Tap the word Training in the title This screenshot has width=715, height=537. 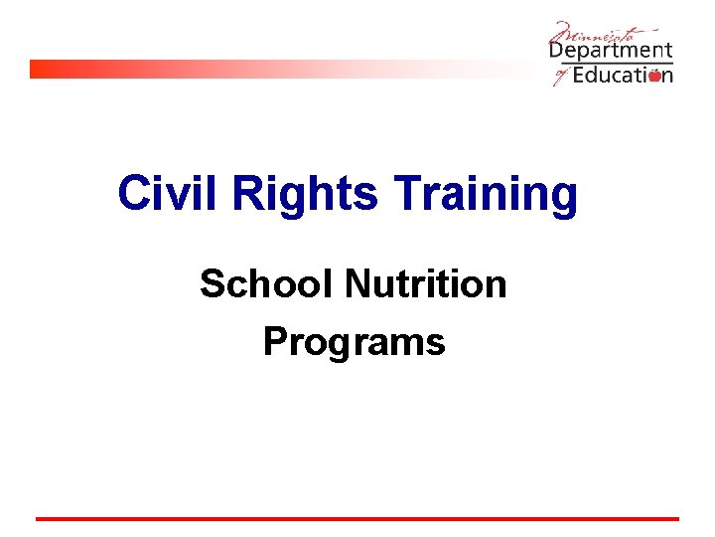pos(486,195)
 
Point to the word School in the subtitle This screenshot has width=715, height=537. pos(267,284)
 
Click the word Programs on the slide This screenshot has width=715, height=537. pos(354,343)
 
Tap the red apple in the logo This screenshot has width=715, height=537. pos(654,76)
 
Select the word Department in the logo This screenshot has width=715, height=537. pos(611,51)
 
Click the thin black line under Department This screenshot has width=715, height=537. pos(611,63)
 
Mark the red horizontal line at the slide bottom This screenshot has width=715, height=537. pos(357,518)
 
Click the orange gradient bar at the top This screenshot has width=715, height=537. pos(248,69)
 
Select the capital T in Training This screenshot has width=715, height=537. pos(409,193)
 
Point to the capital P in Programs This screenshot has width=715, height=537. pos(275,342)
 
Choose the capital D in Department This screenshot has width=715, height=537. pos(558,49)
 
